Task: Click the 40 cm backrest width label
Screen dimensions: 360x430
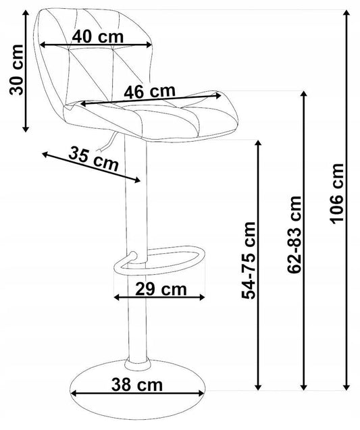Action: [x=98, y=36]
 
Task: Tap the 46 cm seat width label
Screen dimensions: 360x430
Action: [x=149, y=91]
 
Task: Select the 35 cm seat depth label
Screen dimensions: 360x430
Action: [x=94, y=159]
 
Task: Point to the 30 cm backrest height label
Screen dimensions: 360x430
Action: [x=16, y=70]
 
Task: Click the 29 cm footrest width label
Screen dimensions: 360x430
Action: [x=161, y=289]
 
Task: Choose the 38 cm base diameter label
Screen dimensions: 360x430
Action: [x=137, y=385]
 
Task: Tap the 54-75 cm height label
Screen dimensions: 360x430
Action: [x=249, y=261]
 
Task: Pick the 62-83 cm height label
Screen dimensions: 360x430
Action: [x=294, y=235]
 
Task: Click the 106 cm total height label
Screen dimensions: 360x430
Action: [x=336, y=194]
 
